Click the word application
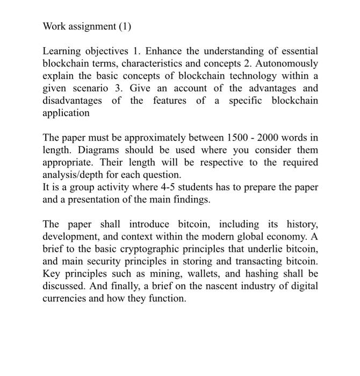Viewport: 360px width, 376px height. coord(66,113)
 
